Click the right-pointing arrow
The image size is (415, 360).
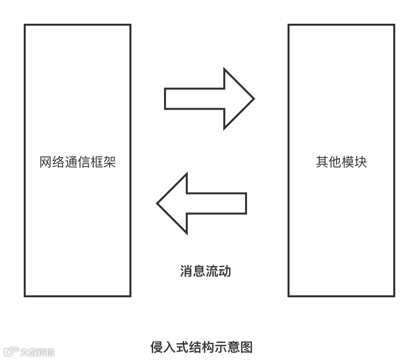coord(209,99)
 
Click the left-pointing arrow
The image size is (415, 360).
coord(201,203)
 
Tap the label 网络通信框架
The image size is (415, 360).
coord(78,162)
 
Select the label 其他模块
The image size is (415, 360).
coord(341,162)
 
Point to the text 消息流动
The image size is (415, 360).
coord(206,271)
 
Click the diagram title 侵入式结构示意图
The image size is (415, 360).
coord(201,347)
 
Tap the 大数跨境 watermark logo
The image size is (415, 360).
coord(29,352)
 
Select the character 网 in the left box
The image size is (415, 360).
coord(45,162)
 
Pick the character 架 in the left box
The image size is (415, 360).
coord(110,162)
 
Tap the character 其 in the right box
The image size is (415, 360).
coord(322,162)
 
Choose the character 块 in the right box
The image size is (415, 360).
coord(361,162)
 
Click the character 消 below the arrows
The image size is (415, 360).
coord(186,271)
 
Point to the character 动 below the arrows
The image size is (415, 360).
coord(225,271)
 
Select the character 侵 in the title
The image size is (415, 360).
coord(156,347)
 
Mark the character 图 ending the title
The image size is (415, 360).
coord(246,347)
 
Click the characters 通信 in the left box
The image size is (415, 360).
coord(78,162)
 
